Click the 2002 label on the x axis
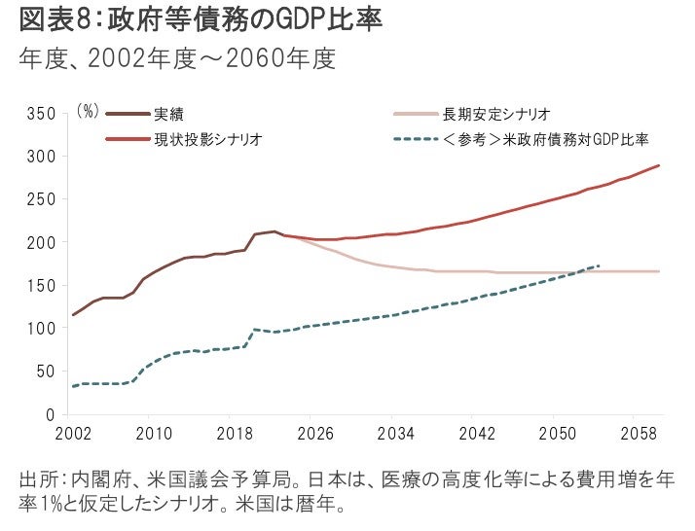73,433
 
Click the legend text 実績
166,114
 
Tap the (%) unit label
87,113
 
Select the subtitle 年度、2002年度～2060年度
177,61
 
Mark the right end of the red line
659,165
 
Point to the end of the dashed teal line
600,265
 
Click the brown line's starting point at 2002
73,315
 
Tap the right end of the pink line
659,271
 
